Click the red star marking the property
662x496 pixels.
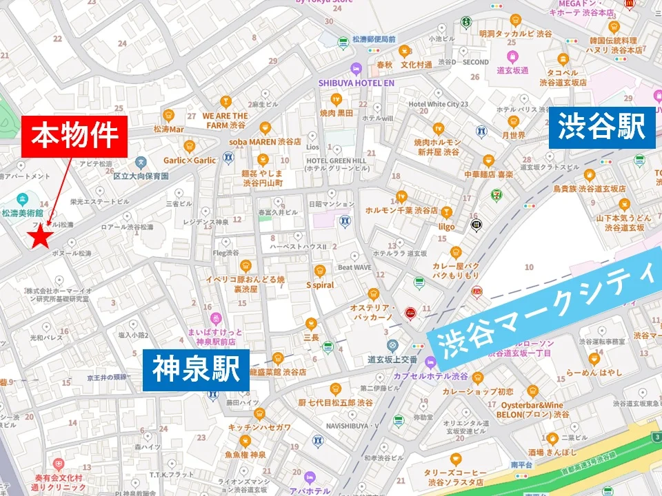point(41,238)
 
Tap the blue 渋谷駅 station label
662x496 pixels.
point(601,127)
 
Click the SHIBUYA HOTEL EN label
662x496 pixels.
point(356,83)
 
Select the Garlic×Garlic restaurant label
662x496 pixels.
point(190,160)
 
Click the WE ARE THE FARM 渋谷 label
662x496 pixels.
point(225,121)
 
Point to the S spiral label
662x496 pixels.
point(319,285)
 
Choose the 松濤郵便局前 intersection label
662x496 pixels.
point(373,39)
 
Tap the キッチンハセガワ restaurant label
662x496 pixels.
point(259,427)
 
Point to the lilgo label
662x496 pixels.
point(446,225)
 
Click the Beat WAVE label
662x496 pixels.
point(354,267)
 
